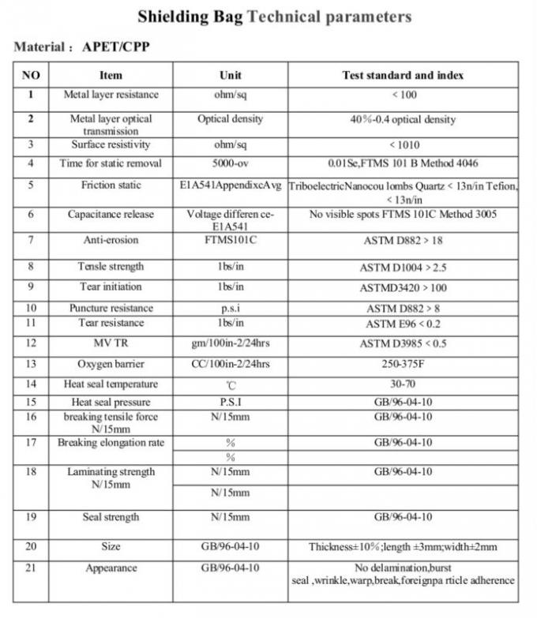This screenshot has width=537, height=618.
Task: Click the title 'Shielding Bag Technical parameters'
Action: pos(274,16)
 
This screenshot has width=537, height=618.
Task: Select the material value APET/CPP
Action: pos(116,47)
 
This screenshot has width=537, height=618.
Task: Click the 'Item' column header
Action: pos(111,76)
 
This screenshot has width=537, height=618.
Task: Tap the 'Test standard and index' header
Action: pos(403,76)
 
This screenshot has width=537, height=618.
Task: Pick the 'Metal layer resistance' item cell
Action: pos(111,95)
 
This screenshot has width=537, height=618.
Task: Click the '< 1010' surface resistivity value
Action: pos(403,145)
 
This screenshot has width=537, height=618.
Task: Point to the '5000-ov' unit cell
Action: pos(231,163)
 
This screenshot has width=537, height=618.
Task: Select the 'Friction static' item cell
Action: pos(111,185)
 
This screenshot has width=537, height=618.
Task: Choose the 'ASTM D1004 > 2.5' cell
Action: pos(403,267)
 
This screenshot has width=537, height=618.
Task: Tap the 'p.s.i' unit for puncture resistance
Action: pos(231,308)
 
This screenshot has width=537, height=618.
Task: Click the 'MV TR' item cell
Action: pos(111,343)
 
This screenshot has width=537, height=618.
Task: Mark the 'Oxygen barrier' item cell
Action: pos(111,364)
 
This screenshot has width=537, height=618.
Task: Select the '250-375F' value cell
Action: pos(403,364)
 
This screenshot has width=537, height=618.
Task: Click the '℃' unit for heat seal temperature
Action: pos(231,384)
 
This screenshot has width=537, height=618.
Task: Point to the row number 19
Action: pos(31,517)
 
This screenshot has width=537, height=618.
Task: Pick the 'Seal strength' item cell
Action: pos(111,517)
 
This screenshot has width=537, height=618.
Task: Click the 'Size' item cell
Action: pos(111,546)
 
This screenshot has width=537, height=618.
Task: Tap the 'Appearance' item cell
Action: pos(111,567)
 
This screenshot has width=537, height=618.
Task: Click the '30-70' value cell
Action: pos(403,384)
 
